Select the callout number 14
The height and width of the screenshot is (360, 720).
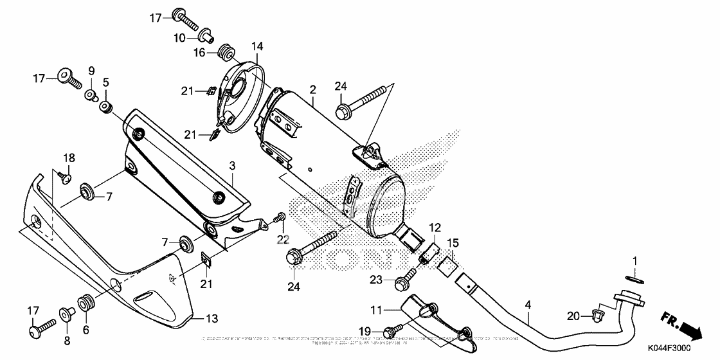click(257, 46)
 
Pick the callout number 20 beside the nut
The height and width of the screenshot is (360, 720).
click(574, 315)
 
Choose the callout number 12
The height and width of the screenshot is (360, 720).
click(435, 227)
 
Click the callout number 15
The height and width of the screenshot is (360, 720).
click(453, 243)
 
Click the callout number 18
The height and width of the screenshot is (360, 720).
click(69, 158)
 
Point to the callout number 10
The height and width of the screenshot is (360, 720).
click(179, 38)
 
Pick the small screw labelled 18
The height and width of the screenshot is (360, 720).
click(64, 176)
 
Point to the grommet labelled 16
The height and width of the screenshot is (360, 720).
click(225, 50)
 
